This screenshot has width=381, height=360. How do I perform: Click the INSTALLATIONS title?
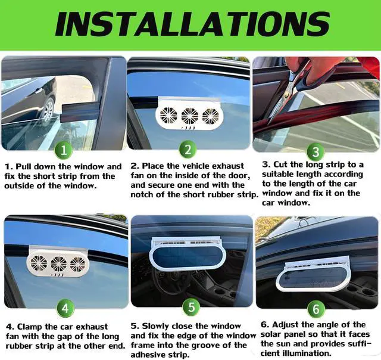190,24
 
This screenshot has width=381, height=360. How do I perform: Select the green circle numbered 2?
188,148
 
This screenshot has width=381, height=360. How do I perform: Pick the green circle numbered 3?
316,151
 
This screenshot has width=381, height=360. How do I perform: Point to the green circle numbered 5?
190,308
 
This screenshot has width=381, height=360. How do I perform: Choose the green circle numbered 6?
316,308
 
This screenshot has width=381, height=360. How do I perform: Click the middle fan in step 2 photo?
190,115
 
